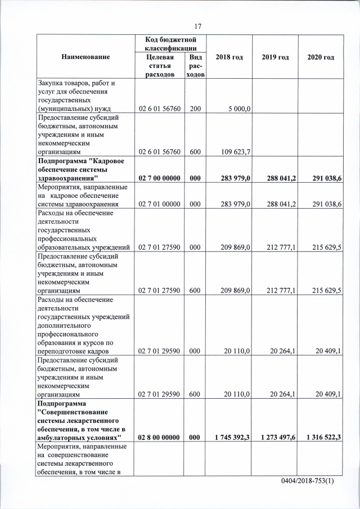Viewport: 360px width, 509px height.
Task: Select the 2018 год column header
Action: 228,57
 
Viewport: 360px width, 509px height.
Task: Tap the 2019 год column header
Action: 275,57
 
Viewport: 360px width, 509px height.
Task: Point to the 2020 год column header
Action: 321,57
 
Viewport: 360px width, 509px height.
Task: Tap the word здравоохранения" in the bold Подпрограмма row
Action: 65,178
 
